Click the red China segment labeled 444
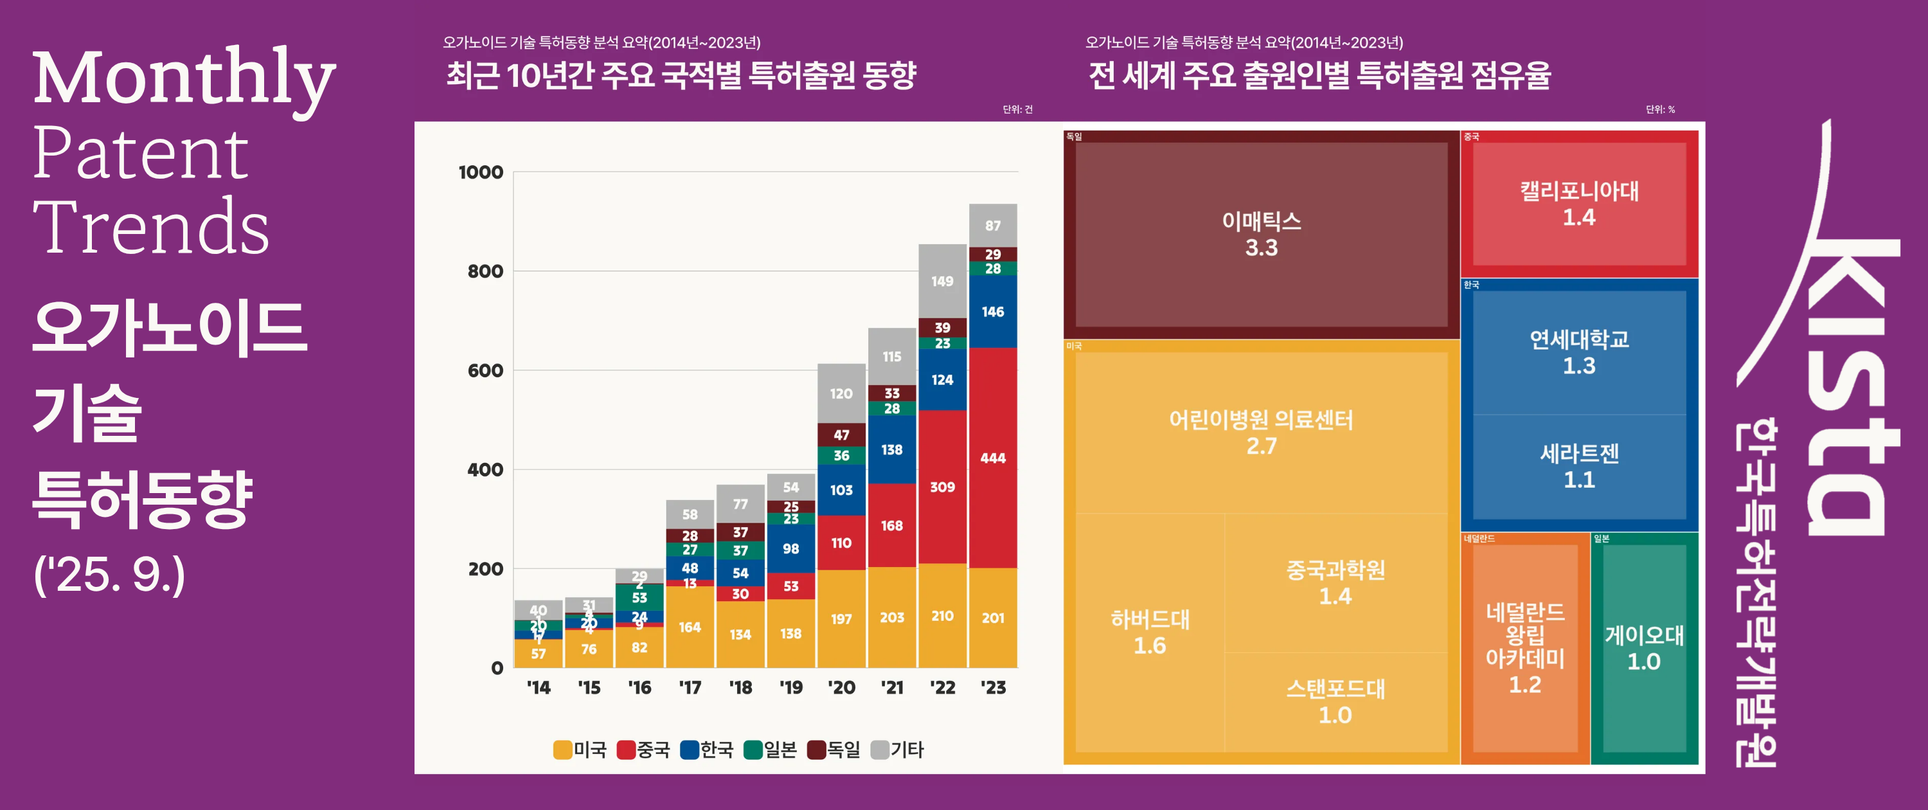point(992,458)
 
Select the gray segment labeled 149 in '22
point(942,281)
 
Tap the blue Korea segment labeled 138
point(891,449)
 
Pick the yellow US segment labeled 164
point(690,627)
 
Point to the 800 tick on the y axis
point(485,271)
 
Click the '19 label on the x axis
point(790,687)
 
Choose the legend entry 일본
point(771,750)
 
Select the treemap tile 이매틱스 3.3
point(1261,234)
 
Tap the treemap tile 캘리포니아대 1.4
point(1578,204)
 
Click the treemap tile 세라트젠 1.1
point(1578,465)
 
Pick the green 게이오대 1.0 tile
point(1643,648)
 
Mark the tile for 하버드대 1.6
point(1150,632)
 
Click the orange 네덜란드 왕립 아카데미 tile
point(1524,648)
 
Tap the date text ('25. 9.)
point(109,575)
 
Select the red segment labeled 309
point(942,487)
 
